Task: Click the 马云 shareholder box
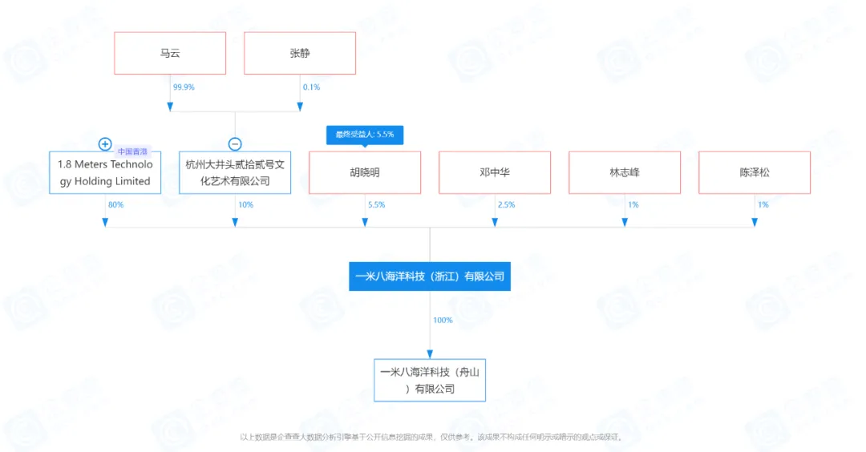click(170, 54)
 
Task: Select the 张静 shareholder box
click(299, 54)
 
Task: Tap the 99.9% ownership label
click(184, 87)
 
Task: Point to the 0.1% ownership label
click(311, 87)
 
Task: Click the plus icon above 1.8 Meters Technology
click(105, 144)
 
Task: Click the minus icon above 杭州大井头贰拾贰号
click(235, 144)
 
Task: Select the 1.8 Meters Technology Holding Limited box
click(105, 172)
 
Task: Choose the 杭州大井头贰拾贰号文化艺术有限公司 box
click(235, 172)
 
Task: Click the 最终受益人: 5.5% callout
click(365, 134)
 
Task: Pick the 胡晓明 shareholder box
click(365, 172)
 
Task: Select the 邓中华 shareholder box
click(495, 172)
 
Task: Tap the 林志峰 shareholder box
click(625, 172)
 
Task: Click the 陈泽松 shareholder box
click(755, 172)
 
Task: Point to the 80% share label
click(115, 205)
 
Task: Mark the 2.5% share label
click(506, 205)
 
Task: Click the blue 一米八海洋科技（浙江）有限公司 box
click(430, 276)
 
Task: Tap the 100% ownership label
click(443, 321)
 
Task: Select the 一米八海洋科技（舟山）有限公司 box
click(430, 381)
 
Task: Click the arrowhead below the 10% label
click(235, 223)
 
